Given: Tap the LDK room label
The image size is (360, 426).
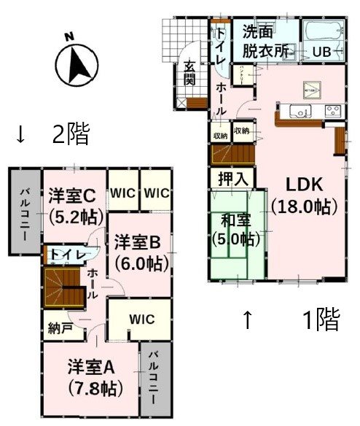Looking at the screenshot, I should (x=304, y=195).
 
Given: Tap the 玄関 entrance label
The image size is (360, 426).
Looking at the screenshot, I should (x=189, y=73).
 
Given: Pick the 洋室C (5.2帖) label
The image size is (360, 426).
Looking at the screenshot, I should (x=72, y=205).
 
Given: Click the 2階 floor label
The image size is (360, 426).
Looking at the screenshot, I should (x=70, y=133).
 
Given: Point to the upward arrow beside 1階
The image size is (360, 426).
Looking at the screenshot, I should (x=248, y=319).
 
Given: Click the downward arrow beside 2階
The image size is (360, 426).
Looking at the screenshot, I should (x=20, y=134).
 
